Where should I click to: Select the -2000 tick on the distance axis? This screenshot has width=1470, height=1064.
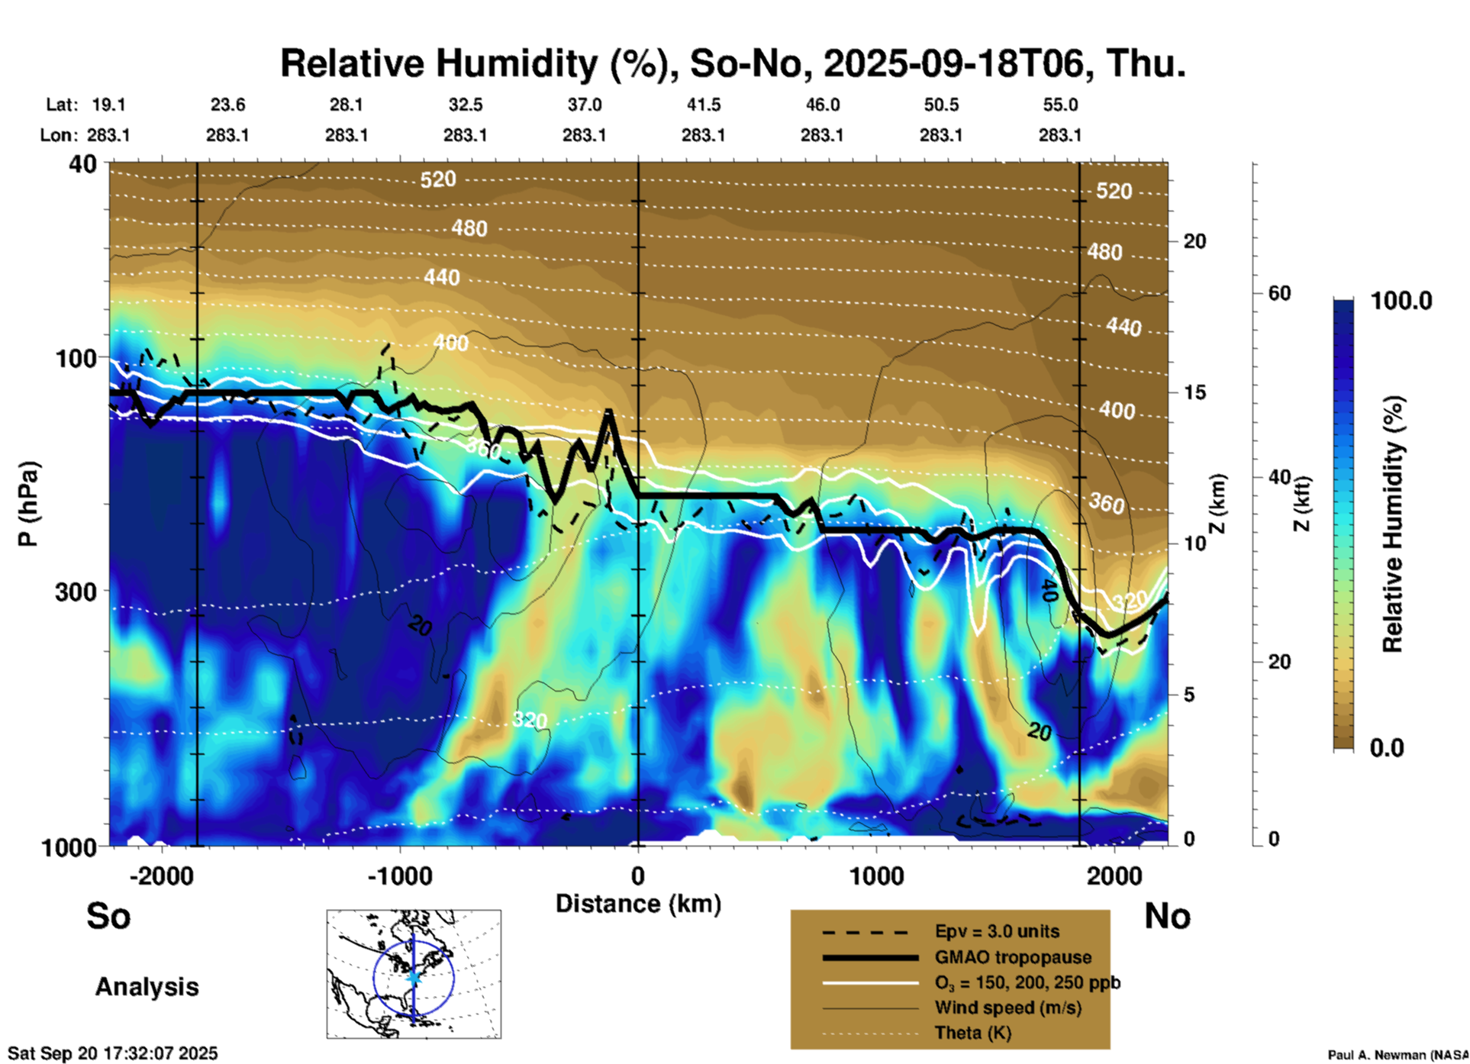161,875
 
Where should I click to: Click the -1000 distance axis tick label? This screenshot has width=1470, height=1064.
400,875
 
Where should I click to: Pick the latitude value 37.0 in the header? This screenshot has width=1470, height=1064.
584,105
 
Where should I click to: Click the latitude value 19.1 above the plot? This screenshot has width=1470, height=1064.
108,105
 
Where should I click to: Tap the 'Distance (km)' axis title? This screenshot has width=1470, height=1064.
638,904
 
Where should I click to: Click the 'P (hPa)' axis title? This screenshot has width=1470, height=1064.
27,504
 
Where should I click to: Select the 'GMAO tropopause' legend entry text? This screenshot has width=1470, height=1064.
1013,957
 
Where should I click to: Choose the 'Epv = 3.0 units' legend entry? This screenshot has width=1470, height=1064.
997,932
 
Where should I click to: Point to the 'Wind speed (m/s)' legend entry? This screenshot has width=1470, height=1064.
1007,1008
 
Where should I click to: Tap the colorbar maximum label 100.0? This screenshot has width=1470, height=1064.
1401,301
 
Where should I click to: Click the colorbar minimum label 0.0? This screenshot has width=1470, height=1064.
1387,747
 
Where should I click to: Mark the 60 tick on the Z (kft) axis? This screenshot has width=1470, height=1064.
1279,293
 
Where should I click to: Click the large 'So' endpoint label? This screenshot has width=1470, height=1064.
108,916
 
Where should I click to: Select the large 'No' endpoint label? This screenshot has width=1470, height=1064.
1167,916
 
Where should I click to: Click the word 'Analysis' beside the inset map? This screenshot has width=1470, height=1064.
147,987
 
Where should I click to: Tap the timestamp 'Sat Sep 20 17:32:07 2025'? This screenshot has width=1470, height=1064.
113,1053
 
